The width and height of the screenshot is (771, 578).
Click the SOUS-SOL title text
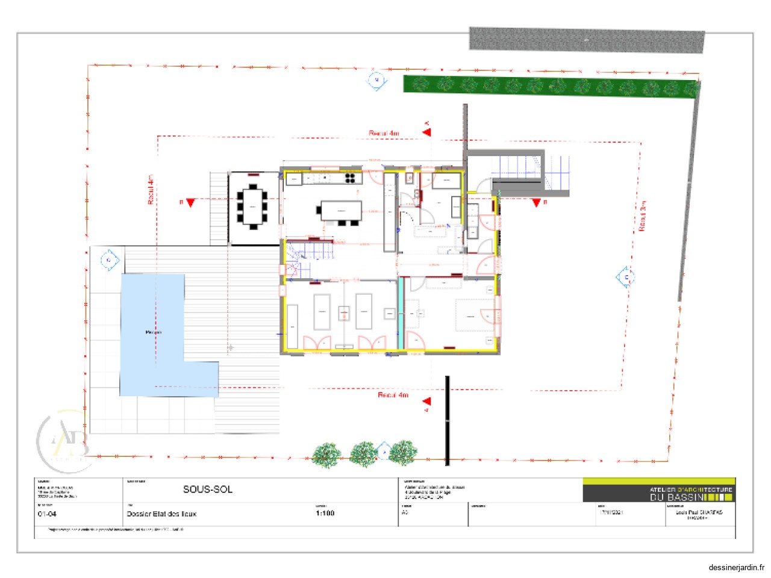click(207, 489)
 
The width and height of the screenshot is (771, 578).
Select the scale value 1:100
click(325, 513)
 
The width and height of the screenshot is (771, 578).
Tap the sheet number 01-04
click(47, 514)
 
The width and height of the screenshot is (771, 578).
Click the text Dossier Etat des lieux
click(161, 514)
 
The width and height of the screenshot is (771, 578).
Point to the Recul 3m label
click(643, 216)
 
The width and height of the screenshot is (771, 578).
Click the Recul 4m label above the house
click(384, 133)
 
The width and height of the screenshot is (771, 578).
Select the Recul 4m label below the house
click(393, 395)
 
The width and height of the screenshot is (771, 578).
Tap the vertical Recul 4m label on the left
click(151, 190)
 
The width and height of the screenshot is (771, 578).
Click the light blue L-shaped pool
click(151, 337)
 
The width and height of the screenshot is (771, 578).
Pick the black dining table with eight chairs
click(252, 207)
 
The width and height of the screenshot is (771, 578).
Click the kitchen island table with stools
click(341, 211)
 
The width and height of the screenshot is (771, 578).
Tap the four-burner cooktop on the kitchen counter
click(350, 178)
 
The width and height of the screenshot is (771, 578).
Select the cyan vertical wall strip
click(401, 313)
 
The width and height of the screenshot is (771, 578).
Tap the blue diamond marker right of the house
click(625, 278)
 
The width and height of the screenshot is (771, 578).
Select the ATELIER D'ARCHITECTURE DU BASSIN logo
click(659, 491)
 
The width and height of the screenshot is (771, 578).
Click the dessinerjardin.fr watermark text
click(736, 567)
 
